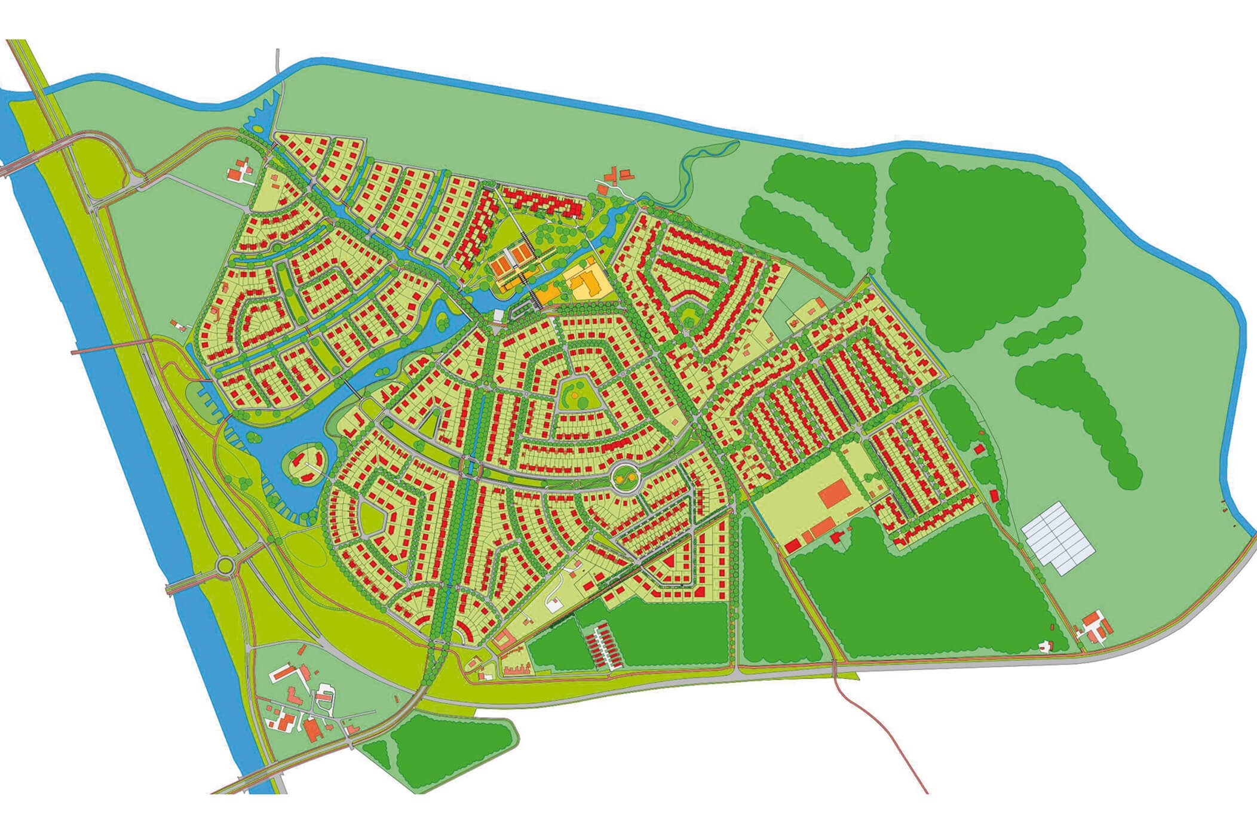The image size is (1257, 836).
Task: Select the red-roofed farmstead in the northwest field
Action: click(x=240, y=170)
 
